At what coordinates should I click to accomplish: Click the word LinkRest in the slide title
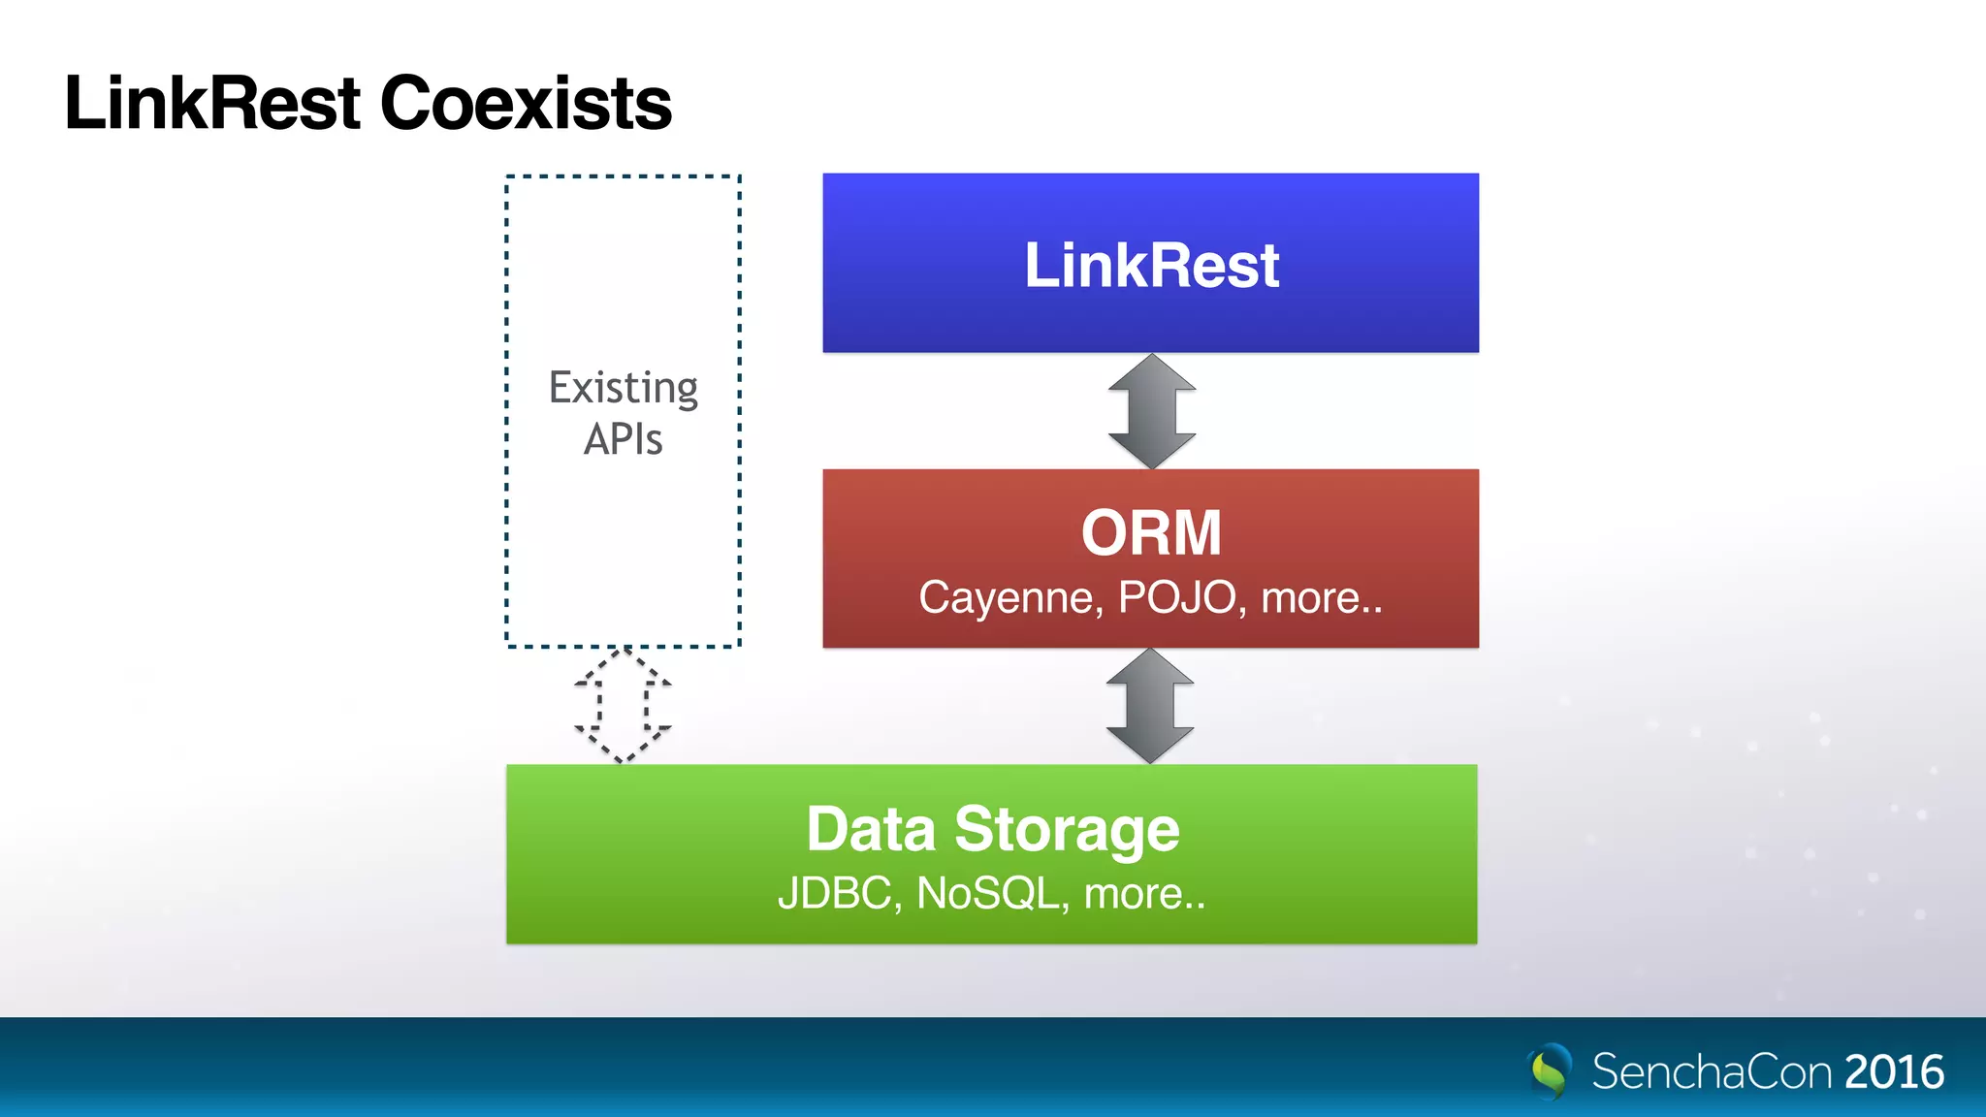pos(212,103)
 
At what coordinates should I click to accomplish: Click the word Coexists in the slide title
pos(526,103)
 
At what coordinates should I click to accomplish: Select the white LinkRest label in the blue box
pos(1151,266)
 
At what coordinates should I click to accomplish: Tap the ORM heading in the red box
pos(1151,532)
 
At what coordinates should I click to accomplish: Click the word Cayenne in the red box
pos(1009,598)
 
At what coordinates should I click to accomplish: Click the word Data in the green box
pos(871,829)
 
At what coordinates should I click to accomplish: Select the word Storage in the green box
pos(1067,831)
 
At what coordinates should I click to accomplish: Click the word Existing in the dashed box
pos(624,388)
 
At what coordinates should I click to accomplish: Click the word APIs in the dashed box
pos(624,439)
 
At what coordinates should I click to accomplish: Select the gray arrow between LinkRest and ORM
pos(1151,411)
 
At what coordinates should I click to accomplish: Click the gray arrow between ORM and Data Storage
pos(1150,706)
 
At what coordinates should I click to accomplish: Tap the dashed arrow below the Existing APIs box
pos(623,705)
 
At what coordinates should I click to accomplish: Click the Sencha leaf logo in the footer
pos(1551,1070)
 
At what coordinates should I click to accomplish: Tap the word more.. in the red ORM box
pos(1321,598)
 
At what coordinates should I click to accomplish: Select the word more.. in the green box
pos(1144,893)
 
